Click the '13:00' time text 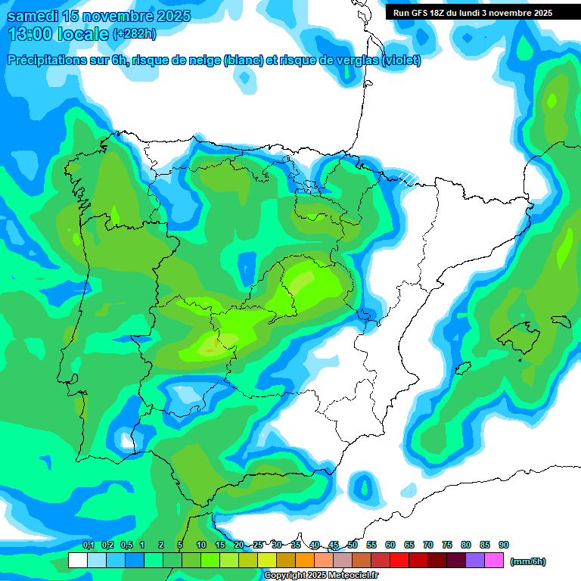tap(29, 34)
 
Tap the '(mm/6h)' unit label tap(528, 561)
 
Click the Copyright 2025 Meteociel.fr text tap(321, 576)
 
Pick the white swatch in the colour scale tap(77, 561)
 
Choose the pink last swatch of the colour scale tap(494, 561)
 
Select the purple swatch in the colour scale tap(475, 561)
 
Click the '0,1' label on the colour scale tap(89, 545)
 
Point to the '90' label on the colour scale tap(504, 545)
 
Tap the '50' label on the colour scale tap(353, 545)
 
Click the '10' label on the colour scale tap(201, 545)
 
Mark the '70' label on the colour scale tap(428, 545)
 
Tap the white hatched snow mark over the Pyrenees tap(408, 179)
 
